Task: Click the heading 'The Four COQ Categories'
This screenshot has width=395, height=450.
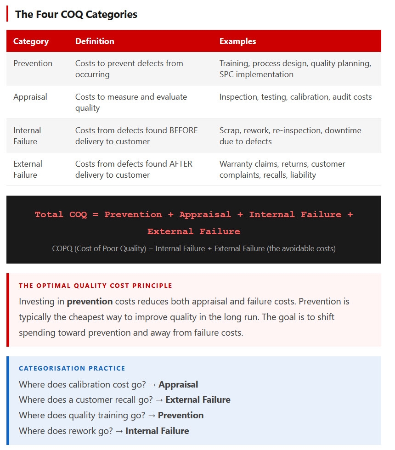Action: tap(76, 14)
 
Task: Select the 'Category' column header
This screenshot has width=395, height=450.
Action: tap(31, 41)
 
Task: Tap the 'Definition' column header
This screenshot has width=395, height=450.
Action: tap(95, 41)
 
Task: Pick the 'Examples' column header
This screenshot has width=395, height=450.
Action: tap(237, 41)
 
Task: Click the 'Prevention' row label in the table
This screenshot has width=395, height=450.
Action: tap(33, 63)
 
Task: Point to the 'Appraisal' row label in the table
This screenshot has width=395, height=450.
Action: tap(30, 97)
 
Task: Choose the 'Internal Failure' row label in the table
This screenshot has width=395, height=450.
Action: tap(27, 136)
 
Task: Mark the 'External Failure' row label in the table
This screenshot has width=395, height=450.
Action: tap(28, 169)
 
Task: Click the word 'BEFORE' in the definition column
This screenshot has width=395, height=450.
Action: tap(184, 130)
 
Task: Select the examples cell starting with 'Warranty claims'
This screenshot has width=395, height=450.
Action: tap(282, 169)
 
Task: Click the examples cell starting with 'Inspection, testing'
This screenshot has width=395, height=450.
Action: tap(295, 97)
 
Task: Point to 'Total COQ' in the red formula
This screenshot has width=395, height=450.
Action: tap(61, 214)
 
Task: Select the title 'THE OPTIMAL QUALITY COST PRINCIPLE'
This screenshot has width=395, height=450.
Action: tap(96, 286)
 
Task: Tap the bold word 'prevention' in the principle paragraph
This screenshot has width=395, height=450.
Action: tap(90, 302)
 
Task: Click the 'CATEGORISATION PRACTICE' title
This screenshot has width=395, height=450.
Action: tap(72, 368)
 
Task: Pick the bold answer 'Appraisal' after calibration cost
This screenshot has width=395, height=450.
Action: tap(178, 385)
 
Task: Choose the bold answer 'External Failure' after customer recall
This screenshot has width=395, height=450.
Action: tap(198, 400)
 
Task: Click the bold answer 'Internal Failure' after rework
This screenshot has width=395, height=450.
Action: tap(157, 431)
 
